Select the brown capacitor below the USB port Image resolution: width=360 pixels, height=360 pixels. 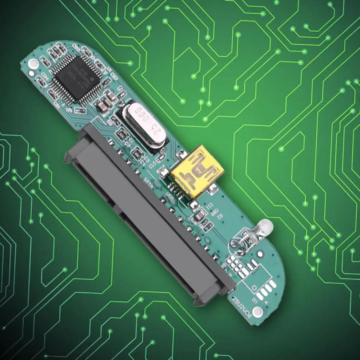pyautogui.click(x=200, y=216)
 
